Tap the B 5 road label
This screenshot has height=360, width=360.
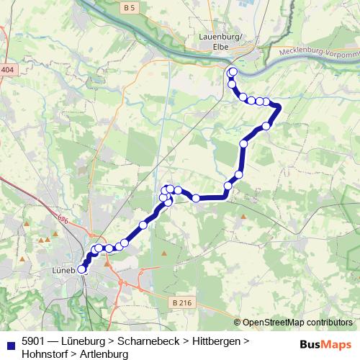click(130, 8)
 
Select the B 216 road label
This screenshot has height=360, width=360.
click(184, 304)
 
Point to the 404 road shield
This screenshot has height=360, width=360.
click(7, 70)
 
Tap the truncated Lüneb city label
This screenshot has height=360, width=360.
click(65, 271)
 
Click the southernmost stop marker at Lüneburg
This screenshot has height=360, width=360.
click(82, 269)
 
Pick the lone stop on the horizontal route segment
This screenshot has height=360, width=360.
click(196, 198)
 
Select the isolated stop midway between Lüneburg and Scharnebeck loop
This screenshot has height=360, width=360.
click(143, 225)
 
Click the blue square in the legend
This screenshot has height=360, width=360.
click(10, 341)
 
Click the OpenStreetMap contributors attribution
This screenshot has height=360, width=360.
click(297, 323)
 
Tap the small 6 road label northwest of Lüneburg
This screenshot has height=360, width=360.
click(64, 220)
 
